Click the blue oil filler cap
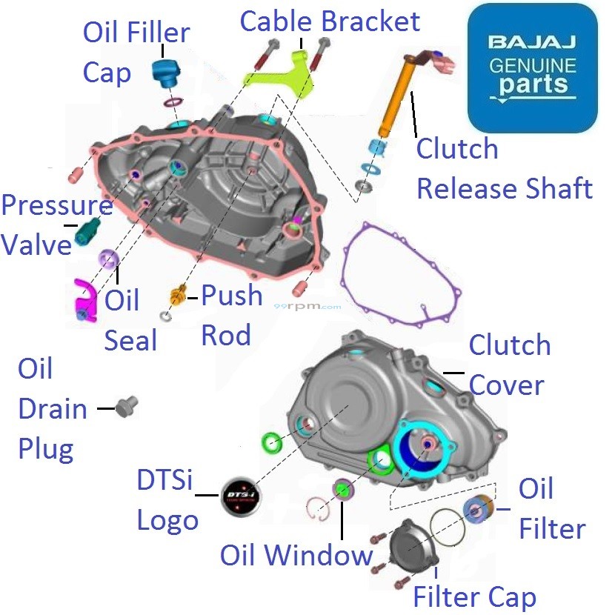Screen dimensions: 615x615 (164, 71)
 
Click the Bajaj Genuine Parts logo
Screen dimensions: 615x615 (532, 68)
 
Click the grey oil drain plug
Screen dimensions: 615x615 (127, 405)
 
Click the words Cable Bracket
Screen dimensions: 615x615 (330, 21)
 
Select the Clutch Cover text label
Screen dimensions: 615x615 (510, 365)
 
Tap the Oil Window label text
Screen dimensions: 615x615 (296, 556)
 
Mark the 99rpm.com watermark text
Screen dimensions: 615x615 (307, 305)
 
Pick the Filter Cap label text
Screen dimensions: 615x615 (474, 596)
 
